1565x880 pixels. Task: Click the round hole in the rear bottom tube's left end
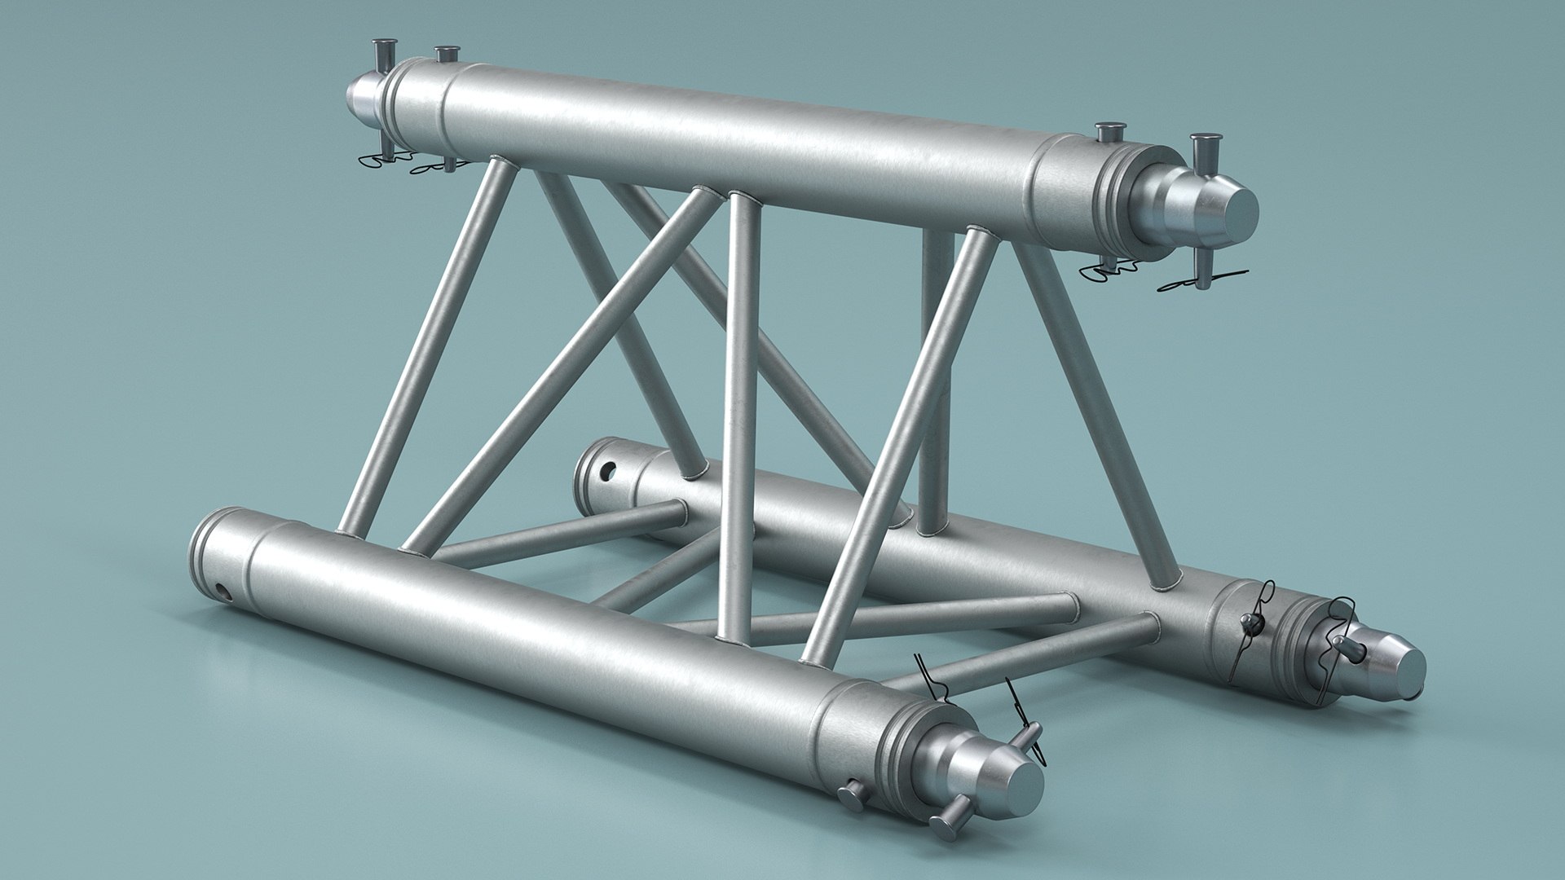tap(607, 471)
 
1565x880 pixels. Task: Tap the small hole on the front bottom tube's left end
tap(222, 590)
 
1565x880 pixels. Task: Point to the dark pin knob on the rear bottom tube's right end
tap(1248, 623)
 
